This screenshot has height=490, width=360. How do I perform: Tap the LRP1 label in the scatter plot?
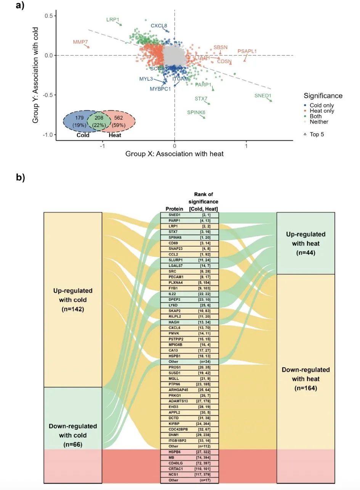point(113,19)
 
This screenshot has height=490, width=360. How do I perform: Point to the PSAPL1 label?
point(247,51)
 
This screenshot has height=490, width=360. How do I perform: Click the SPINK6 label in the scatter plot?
point(196,112)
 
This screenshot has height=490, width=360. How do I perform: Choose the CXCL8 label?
point(159,26)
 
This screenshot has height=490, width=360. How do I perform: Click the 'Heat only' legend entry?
point(322,111)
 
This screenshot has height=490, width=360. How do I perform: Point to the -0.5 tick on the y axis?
point(48,95)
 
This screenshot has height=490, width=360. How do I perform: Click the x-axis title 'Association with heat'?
point(174,154)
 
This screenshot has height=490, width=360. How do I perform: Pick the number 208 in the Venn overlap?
point(99,118)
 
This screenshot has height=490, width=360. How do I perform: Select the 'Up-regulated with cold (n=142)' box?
point(72,299)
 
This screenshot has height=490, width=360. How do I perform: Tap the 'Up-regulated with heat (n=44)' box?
point(305,243)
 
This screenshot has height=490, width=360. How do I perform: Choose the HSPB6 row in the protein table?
point(190,452)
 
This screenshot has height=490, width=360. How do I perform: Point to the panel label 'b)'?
point(20,178)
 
